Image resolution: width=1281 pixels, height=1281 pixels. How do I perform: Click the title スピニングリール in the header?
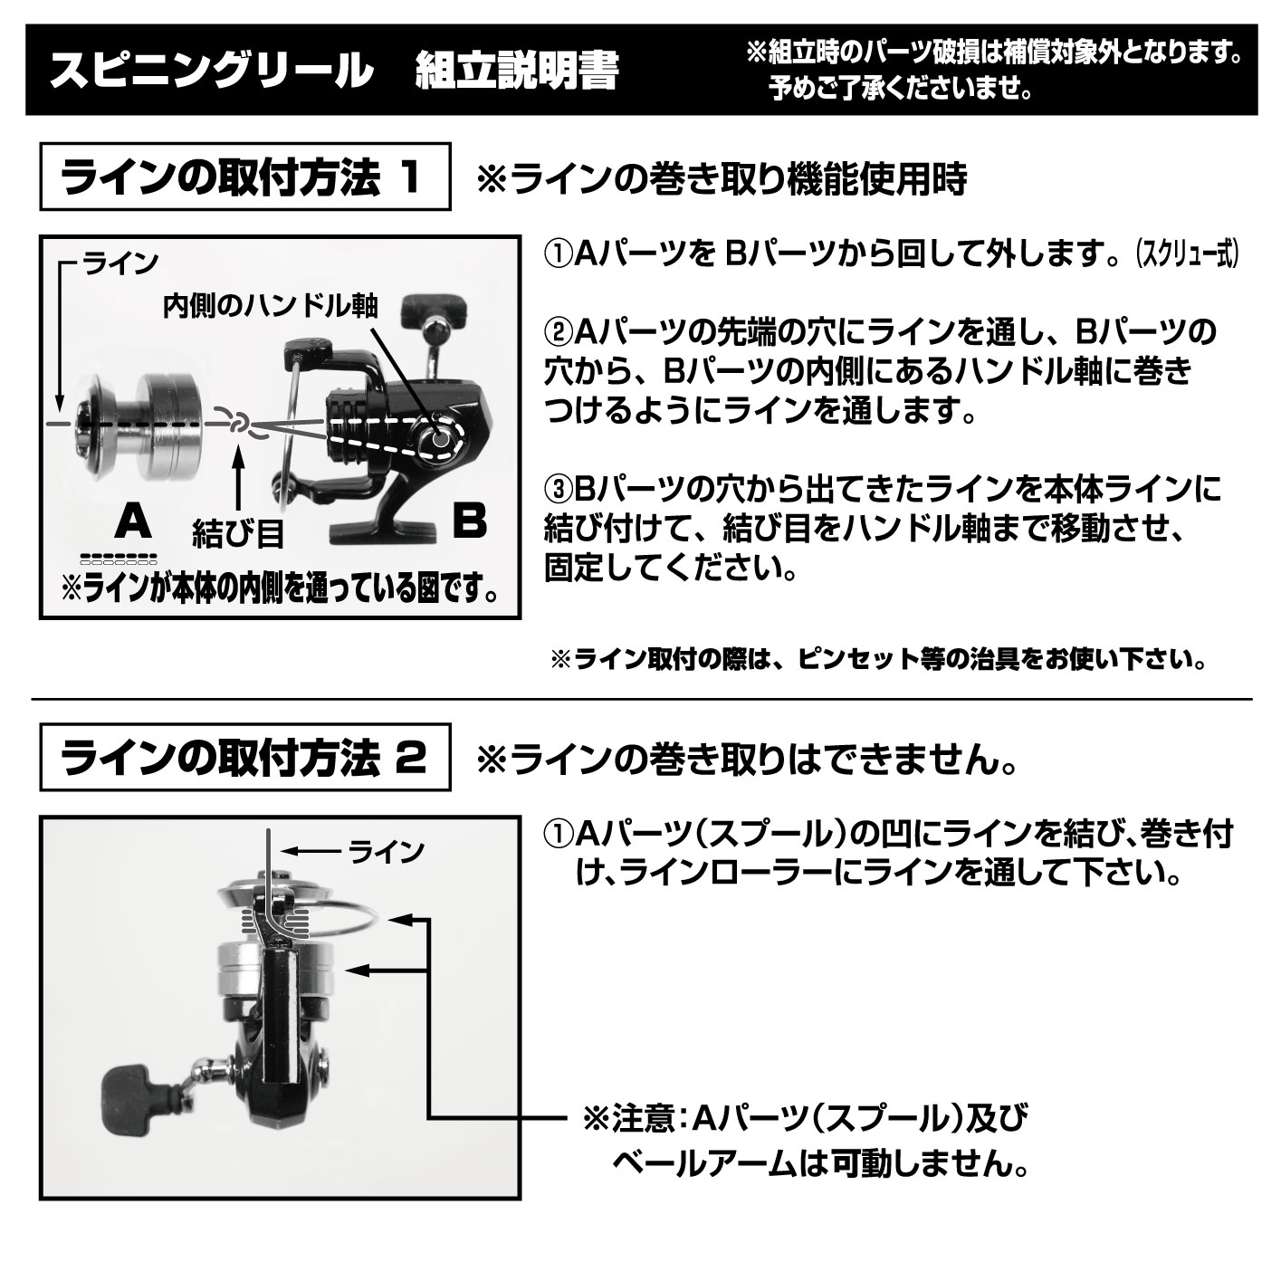click(212, 72)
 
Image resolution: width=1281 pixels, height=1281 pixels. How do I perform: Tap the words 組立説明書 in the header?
click(517, 72)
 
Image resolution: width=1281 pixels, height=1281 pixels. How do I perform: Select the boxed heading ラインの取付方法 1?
click(245, 177)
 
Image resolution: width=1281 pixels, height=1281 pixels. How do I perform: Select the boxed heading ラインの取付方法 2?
click(245, 758)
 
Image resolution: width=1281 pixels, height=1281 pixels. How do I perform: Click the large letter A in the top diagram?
click(133, 521)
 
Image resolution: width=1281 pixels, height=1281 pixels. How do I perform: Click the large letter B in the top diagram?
click(470, 521)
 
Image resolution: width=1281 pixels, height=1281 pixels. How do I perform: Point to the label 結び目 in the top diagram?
click(237, 533)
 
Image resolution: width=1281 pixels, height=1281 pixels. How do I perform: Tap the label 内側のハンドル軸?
click(272, 305)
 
